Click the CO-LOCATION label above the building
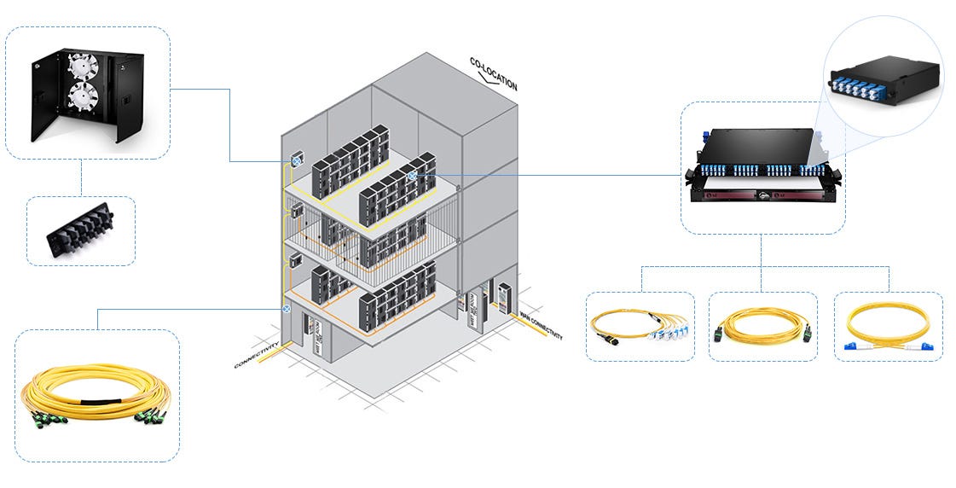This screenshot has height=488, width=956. click(493, 73)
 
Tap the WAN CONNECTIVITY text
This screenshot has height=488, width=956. click(542, 322)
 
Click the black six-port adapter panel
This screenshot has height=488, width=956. click(81, 231)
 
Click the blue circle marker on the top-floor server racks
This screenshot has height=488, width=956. click(412, 175)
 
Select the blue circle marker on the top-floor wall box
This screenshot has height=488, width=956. click(298, 160)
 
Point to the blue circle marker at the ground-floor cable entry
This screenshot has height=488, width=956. click(287, 310)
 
